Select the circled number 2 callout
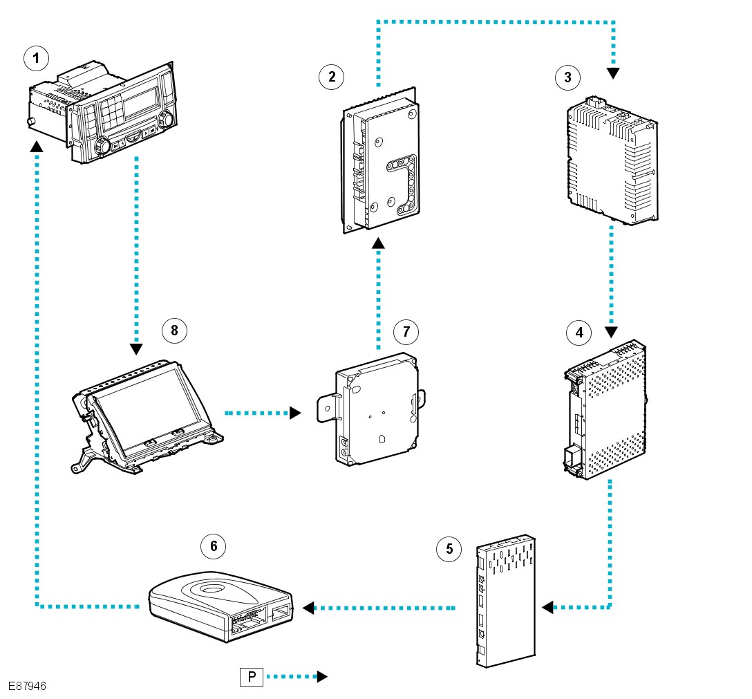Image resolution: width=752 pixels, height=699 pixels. pos(332,77)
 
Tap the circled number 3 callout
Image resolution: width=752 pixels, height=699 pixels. pos(568,77)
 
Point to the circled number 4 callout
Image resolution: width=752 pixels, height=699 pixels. pos(579,333)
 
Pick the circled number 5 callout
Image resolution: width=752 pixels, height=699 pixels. pos(449,550)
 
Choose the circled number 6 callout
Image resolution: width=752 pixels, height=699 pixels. pos(214,546)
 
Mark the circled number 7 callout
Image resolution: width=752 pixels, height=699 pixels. pos(406,332)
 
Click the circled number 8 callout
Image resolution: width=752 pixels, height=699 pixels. pos(174,330)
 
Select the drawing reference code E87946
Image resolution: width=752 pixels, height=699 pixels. pos(28,687)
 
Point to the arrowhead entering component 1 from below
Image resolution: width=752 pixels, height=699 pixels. pos(37,145)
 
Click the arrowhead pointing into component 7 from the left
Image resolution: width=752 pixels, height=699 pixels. pos(295,413)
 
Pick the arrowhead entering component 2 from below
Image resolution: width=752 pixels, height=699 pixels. pos(378,243)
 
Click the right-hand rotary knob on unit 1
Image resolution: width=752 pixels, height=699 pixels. pos(165,120)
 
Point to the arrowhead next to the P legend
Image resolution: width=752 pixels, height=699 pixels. pos(321,677)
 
